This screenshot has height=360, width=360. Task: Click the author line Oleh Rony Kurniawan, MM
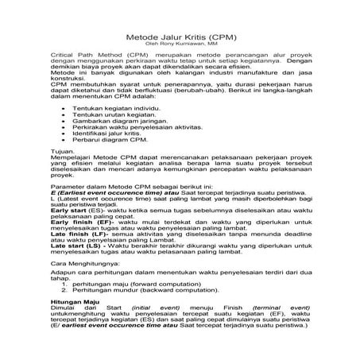pyautogui.click(x=181, y=45)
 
